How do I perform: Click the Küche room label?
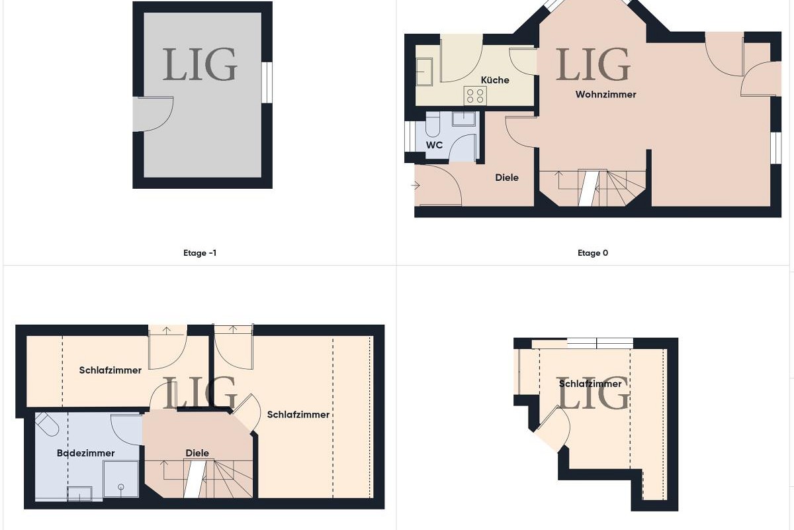(x=495, y=80)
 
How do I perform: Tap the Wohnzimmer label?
(x=606, y=95)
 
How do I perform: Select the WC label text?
(x=434, y=145)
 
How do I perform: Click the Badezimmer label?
(x=86, y=453)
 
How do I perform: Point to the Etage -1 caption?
(x=200, y=253)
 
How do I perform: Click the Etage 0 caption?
(x=593, y=253)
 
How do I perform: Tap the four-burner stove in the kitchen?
(x=475, y=95)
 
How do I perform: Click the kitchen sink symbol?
(x=424, y=72)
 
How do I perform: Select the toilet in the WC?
(x=433, y=125)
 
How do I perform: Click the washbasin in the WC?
(x=464, y=119)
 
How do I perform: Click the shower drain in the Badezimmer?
(x=121, y=487)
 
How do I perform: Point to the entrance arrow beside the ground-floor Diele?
(x=416, y=185)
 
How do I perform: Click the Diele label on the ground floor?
(x=507, y=178)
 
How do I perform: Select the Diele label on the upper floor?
(x=197, y=453)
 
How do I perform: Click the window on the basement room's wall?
(x=267, y=83)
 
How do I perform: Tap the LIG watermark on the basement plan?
(x=200, y=64)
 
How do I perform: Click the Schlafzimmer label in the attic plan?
(x=590, y=384)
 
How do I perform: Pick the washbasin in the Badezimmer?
(x=79, y=494)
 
